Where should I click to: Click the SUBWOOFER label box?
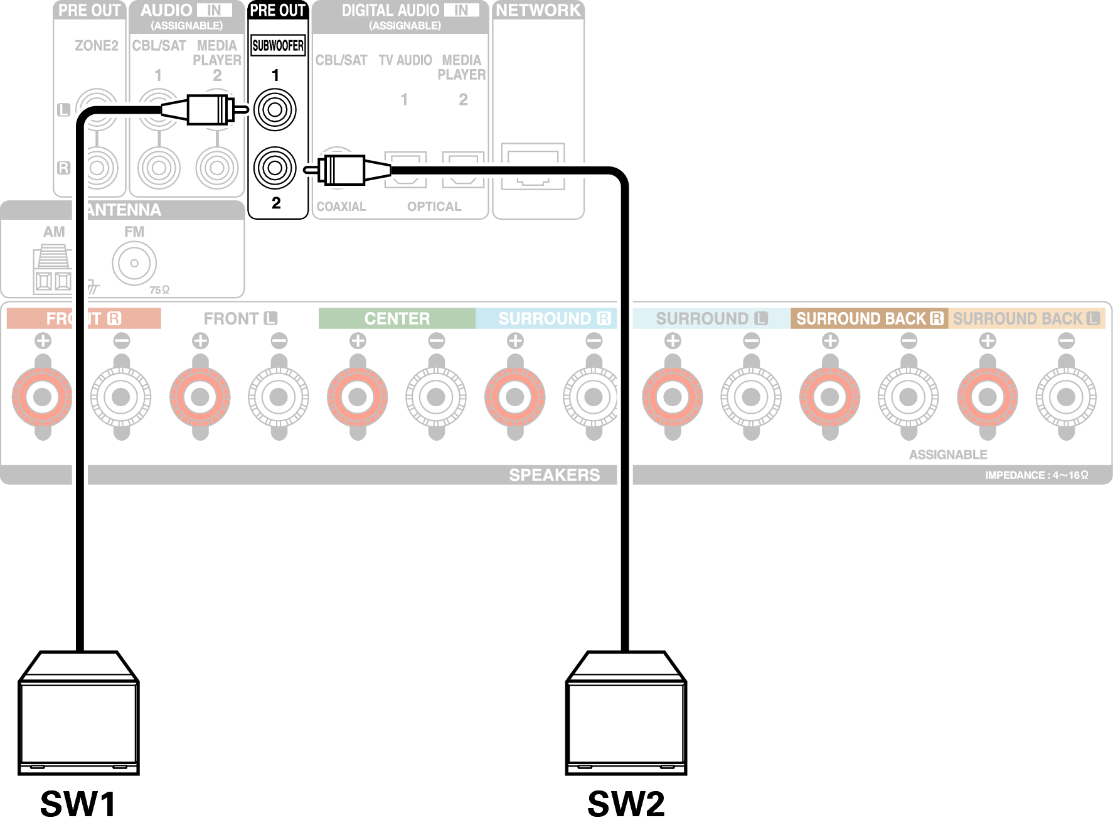click(x=278, y=45)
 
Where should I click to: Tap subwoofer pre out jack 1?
click(x=275, y=110)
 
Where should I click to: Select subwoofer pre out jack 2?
click(x=275, y=168)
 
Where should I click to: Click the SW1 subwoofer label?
click(x=78, y=803)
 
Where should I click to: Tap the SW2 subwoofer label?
click(x=626, y=803)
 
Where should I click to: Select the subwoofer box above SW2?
click(x=626, y=716)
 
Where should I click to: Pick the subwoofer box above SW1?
click(x=78, y=716)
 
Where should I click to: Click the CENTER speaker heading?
click(x=397, y=318)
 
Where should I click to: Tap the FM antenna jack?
click(x=134, y=263)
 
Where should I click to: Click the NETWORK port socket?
click(x=533, y=166)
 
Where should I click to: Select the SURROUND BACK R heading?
click(x=869, y=318)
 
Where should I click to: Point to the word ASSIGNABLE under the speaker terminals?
click(x=948, y=455)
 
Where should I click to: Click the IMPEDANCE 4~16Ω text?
click(x=1036, y=475)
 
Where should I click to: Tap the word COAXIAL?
click(x=341, y=207)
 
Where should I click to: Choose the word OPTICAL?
click(x=434, y=207)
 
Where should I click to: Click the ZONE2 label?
click(x=97, y=45)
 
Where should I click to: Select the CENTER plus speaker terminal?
click(x=358, y=397)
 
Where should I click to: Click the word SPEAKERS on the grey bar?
click(x=554, y=475)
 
